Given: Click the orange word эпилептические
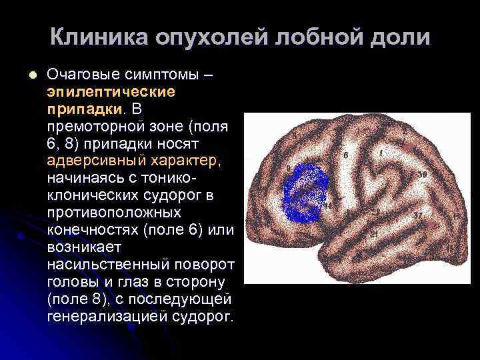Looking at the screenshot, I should [111, 91].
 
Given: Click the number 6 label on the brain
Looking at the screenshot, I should [345, 155].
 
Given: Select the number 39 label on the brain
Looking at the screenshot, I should [423, 174].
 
